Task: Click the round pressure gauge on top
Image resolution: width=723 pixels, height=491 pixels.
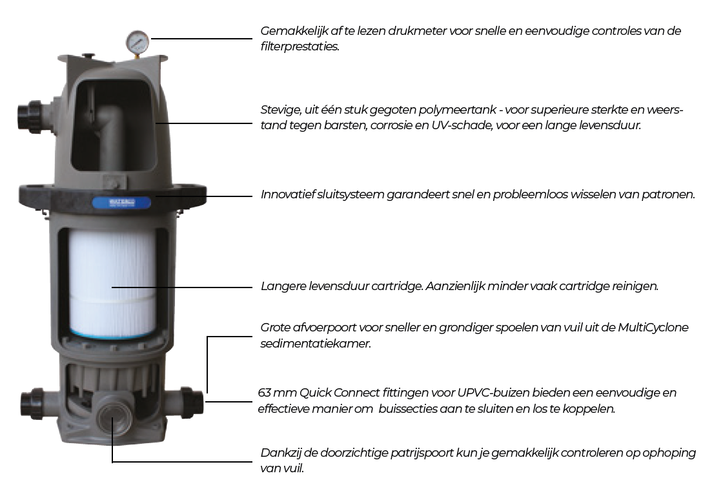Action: pyautogui.click(x=137, y=41)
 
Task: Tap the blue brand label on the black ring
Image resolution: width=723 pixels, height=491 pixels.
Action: pyautogui.click(x=121, y=203)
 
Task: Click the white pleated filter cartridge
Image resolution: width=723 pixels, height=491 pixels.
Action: pyautogui.click(x=113, y=282)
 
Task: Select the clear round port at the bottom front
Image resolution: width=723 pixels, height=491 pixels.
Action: pyautogui.click(x=112, y=415)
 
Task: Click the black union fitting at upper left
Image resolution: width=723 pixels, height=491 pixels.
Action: pyautogui.click(x=30, y=117)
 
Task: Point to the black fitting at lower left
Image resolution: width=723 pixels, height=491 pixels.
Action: pyautogui.click(x=32, y=404)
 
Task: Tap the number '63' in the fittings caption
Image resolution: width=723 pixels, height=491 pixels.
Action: pyautogui.click(x=264, y=393)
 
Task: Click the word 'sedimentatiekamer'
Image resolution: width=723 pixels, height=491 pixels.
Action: pyautogui.click(x=316, y=344)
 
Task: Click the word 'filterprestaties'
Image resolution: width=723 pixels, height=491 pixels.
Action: pyautogui.click(x=300, y=47)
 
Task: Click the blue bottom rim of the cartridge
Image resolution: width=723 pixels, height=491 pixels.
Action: pyautogui.click(x=113, y=333)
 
